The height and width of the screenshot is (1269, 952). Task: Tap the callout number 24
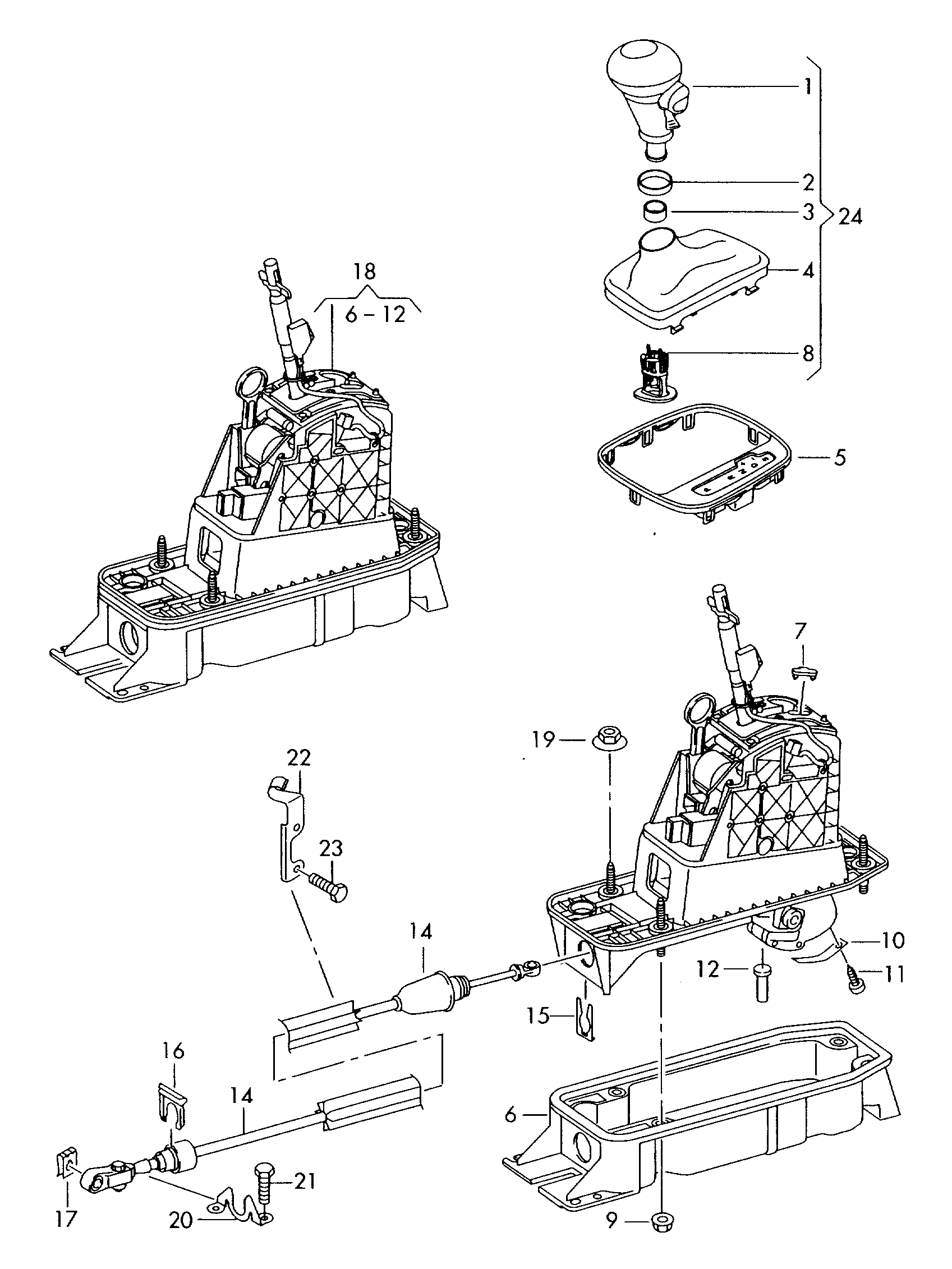pyautogui.click(x=850, y=217)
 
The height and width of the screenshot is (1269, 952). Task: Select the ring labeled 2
pyautogui.click(x=655, y=186)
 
